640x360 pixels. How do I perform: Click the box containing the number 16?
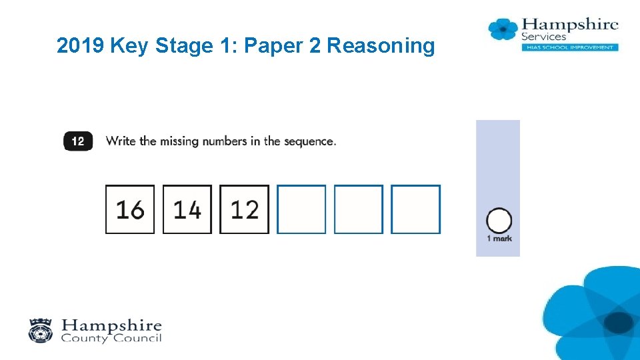coord(130,209)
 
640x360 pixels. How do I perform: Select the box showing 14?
coord(187,209)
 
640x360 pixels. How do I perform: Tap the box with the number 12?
coord(244,209)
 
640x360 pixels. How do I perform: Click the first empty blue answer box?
coord(301,209)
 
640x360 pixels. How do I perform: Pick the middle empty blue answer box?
coord(359,209)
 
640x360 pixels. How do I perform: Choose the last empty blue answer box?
coord(415,209)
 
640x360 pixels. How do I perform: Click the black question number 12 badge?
coord(78,141)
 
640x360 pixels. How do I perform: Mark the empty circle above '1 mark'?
coord(499,221)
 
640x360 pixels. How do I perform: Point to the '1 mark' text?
coord(499,239)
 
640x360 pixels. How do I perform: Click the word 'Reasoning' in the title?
coord(381,46)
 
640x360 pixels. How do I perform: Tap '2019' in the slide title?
coord(80,45)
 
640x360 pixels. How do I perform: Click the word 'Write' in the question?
coord(121,141)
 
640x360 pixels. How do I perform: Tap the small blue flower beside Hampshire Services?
coord(503,29)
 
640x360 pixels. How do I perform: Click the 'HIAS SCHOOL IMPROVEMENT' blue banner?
coord(570,47)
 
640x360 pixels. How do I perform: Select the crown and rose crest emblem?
coord(41,331)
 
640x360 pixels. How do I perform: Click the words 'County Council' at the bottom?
coord(111,338)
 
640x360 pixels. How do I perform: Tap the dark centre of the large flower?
coord(619,323)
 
